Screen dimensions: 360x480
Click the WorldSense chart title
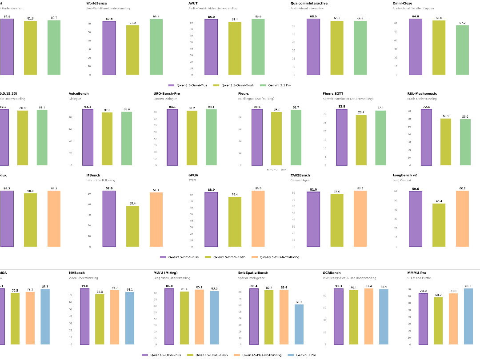pos(96,4)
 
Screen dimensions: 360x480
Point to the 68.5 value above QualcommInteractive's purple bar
pos(313,16)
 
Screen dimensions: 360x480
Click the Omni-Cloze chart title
pos(403,4)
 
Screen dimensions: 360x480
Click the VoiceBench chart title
pos(79,93)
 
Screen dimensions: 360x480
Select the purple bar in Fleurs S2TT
pos(341,137)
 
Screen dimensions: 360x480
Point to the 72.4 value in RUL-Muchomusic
pos(426,107)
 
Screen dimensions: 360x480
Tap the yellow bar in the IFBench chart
pos(132,226)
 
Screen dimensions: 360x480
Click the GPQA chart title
pos(193,175)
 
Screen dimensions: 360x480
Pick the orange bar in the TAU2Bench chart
pos(360,219)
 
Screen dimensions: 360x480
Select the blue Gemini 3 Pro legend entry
pos(302,355)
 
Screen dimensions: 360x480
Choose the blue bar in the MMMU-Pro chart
pos(468,316)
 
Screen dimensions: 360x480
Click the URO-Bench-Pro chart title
pos(167,93)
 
